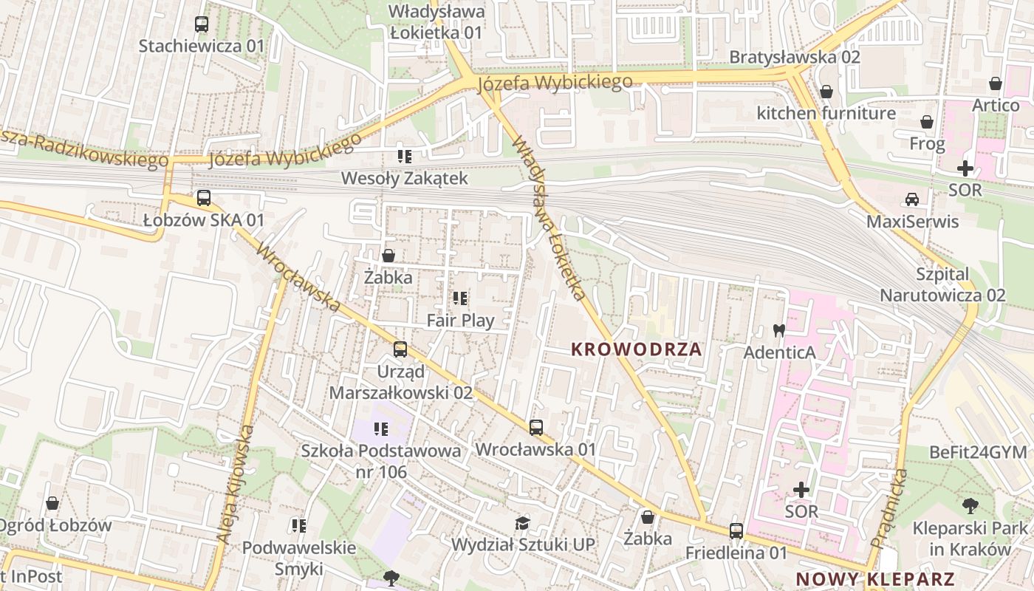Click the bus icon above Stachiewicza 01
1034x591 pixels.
pos(202,24)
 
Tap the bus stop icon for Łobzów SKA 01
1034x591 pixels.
pos(204,198)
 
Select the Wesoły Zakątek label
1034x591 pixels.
pos(404,178)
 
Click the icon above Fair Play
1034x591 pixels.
pos(460,298)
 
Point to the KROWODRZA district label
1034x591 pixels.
pos(637,349)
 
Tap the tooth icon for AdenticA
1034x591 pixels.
pos(778,330)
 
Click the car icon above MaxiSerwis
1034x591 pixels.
pos(912,199)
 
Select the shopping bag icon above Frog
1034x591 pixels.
pos(927,122)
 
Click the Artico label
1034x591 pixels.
pos(995,105)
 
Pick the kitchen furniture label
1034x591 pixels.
pos(826,113)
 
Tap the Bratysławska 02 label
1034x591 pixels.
pos(795,57)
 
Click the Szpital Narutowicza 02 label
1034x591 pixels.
pos(942,284)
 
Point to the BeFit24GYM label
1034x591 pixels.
pos(978,452)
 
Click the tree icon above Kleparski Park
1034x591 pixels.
pos(970,506)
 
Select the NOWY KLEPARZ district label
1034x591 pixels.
pos(875,579)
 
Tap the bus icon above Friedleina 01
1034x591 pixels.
pos(736,530)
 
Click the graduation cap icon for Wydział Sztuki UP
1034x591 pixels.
pos(523,523)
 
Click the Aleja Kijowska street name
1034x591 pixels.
pos(236,485)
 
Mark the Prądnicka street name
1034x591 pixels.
pos(889,508)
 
